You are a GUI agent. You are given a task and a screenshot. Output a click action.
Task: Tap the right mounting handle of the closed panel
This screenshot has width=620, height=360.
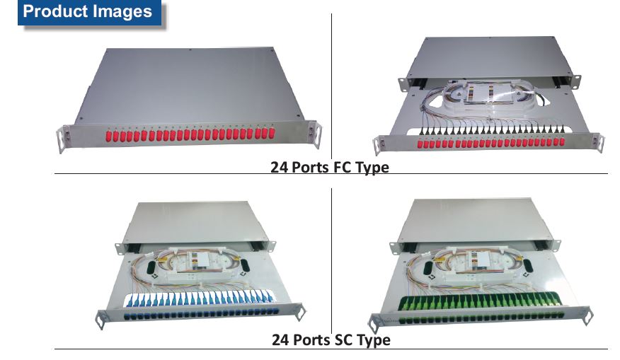tap(316, 135)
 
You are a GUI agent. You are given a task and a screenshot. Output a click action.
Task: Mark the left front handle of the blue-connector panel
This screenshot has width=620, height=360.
tap(103, 319)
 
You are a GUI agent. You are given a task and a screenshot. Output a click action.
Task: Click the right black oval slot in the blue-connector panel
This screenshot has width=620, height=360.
tap(246, 267)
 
